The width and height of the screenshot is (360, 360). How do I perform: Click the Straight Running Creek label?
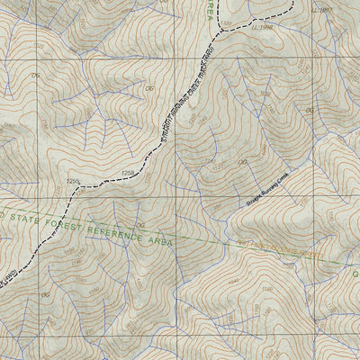point(274,201)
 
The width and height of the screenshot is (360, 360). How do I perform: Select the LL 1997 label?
point(321,9)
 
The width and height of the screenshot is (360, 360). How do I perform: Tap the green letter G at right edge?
point(354,274)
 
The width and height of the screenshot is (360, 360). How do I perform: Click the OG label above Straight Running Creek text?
point(242,163)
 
